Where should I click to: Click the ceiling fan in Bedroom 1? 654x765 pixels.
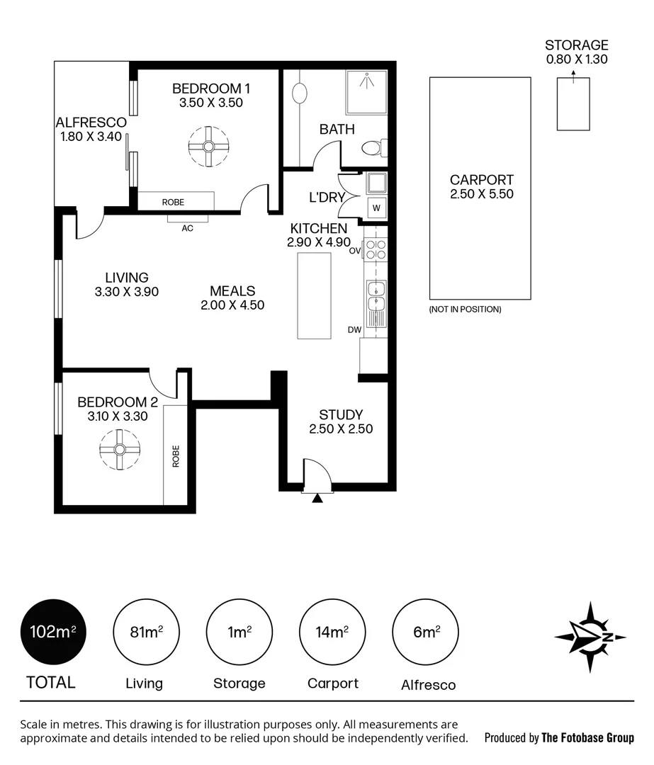[208, 147]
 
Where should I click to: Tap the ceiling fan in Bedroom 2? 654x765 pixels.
[120, 449]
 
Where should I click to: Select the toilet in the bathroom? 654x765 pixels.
[374, 148]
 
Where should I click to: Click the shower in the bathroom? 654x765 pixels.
[366, 91]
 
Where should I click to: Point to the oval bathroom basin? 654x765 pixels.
[300, 93]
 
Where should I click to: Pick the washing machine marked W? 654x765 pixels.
[376, 208]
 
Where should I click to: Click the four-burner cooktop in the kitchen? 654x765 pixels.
[376, 250]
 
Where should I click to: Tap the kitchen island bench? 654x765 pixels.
[315, 295]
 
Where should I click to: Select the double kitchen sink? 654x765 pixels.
[376, 296]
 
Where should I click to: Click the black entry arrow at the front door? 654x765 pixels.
[317, 498]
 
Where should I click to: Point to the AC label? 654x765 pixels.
[188, 228]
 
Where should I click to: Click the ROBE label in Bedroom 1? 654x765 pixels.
[174, 202]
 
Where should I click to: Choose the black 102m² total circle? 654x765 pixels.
[53, 632]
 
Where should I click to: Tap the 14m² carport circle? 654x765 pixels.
[332, 632]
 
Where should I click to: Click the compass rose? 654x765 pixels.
[590, 637]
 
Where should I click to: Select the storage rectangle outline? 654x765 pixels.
[573, 104]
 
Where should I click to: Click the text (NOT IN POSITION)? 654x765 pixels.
[465, 310]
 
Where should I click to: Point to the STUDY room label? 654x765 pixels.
[341, 414]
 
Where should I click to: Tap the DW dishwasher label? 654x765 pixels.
[355, 330]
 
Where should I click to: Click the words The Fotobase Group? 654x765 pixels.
[588, 737]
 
